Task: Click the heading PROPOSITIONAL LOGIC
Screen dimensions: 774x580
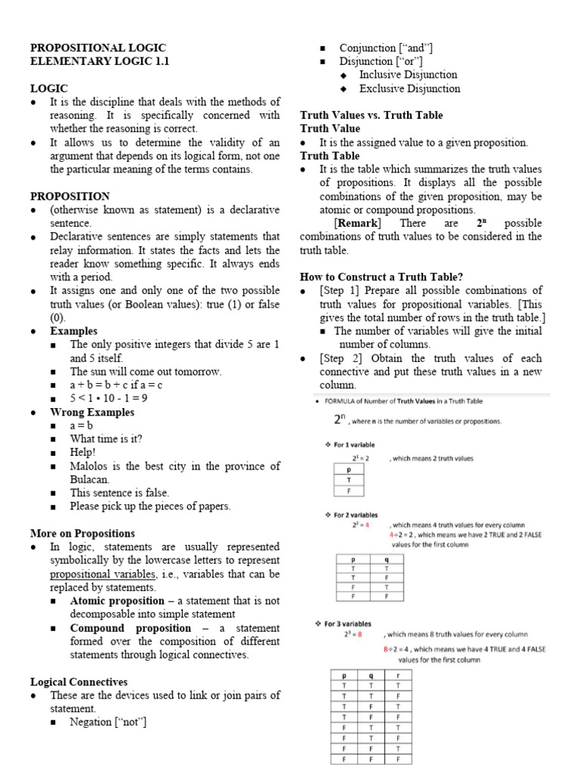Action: coord(98,48)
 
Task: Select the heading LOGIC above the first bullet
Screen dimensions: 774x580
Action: coord(49,88)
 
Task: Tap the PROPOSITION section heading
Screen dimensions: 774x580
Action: coord(69,196)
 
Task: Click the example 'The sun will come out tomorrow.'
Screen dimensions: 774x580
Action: coord(146,372)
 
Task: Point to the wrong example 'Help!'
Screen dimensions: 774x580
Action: coord(84,453)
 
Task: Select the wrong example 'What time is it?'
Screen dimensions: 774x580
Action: coord(106,439)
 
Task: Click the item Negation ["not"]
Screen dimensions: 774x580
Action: coord(108,723)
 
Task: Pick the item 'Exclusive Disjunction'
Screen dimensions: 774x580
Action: coord(409,88)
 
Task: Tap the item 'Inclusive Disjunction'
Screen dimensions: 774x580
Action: coord(408,75)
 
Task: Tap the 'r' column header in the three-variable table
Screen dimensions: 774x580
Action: coord(397,675)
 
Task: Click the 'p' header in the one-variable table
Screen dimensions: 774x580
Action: coord(349,469)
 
